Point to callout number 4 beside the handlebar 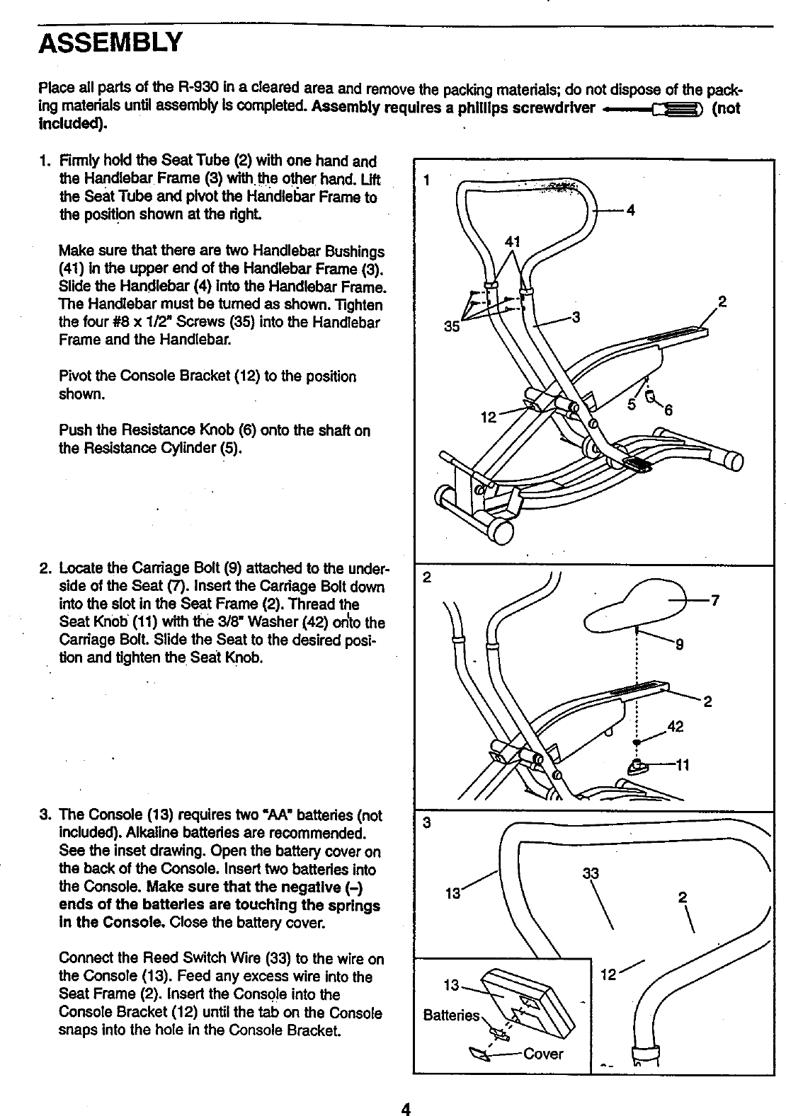pyautogui.click(x=630, y=209)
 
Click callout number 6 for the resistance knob pyautogui.click(x=667, y=410)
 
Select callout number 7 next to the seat pyautogui.click(x=715, y=601)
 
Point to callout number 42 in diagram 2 pyautogui.click(x=677, y=727)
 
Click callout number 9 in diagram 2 pyautogui.click(x=679, y=643)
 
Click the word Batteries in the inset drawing pyautogui.click(x=451, y=1016)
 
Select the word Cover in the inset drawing pyautogui.click(x=543, y=1054)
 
